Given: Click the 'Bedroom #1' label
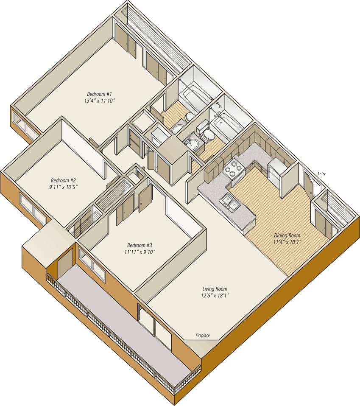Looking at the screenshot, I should (x=99, y=94).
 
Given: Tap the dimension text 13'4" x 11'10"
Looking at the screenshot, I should (x=100, y=101).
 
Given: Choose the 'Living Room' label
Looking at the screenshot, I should (x=215, y=289).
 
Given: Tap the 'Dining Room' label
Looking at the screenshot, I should (x=287, y=235).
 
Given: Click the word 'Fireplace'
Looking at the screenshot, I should (x=203, y=336).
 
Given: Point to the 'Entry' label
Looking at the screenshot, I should (x=322, y=173).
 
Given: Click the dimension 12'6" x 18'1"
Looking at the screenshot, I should (x=215, y=296).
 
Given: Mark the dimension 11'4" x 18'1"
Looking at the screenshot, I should (x=287, y=242).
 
